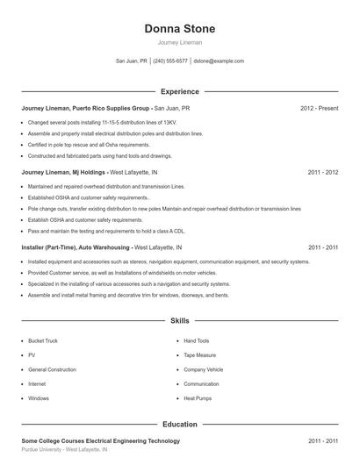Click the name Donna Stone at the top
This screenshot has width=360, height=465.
point(179,29)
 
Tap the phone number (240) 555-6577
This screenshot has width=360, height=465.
point(170,61)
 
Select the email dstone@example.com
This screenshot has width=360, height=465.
point(219,61)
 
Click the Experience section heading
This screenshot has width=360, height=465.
point(179,91)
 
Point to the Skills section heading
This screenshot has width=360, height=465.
point(179,321)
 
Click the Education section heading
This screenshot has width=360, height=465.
point(179,425)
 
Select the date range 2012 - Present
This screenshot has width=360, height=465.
point(319,108)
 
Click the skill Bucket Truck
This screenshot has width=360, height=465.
point(43,340)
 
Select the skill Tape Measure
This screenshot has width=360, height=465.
point(200,355)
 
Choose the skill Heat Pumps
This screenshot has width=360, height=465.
point(198,398)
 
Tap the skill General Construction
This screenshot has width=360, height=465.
point(52,369)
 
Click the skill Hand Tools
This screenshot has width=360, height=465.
point(197,340)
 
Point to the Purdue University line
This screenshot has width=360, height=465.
point(64,449)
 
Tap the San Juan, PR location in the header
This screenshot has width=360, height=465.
point(132,61)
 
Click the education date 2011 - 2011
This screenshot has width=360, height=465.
point(322,440)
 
